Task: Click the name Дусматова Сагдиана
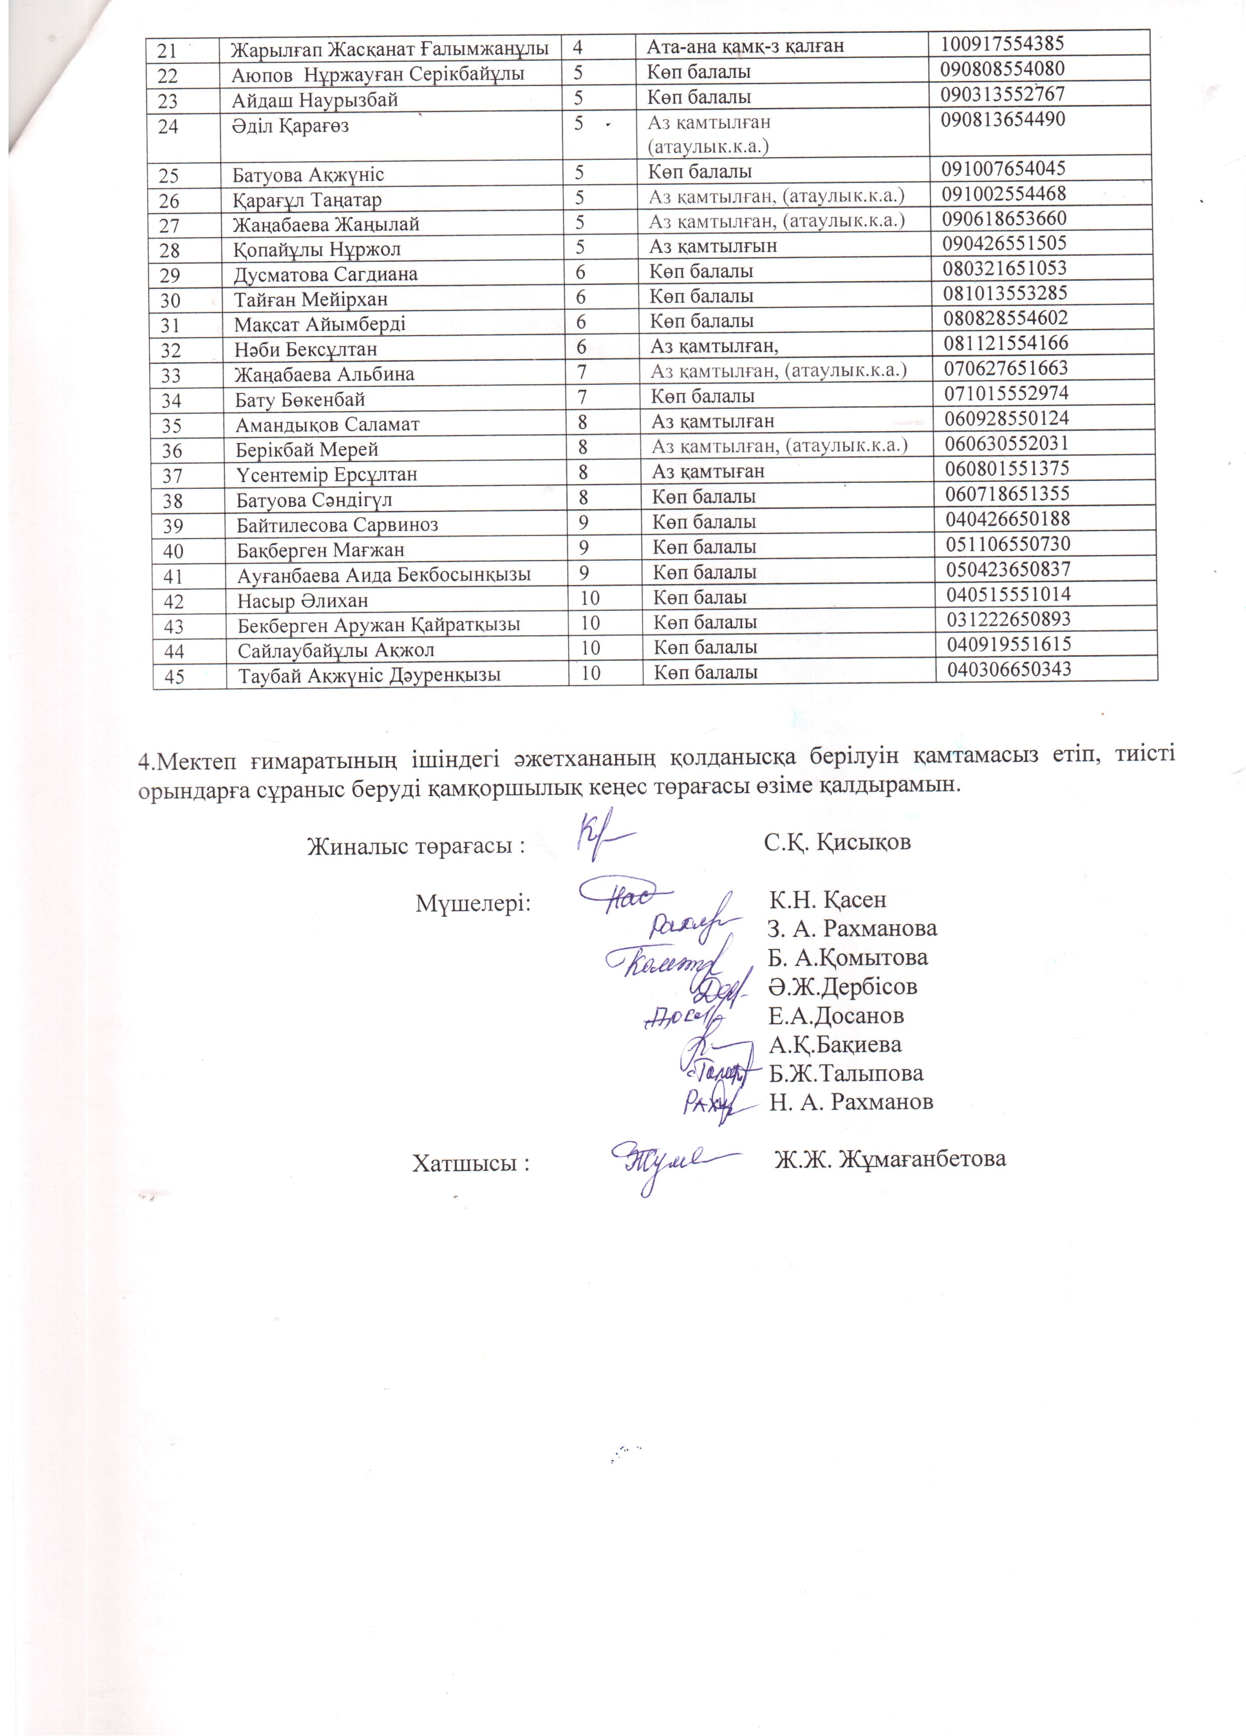click(x=325, y=274)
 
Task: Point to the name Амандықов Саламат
click(x=327, y=424)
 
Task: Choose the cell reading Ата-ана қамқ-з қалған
click(x=745, y=46)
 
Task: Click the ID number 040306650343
click(x=1009, y=670)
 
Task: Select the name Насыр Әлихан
click(x=302, y=600)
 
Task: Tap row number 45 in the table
click(x=174, y=677)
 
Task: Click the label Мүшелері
click(x=473, y=903)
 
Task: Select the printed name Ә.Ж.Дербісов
click(x=843, y=987)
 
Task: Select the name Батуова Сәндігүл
click(x=314, y=500)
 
